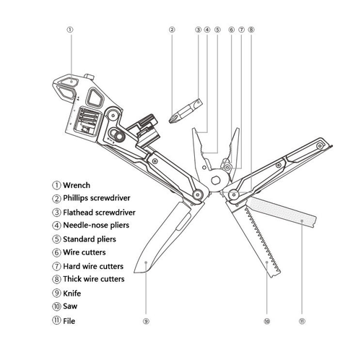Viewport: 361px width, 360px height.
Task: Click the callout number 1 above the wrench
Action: coord(69,30)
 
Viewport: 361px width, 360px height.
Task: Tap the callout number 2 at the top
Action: coord(172,30)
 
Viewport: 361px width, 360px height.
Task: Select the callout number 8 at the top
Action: coord(251,30)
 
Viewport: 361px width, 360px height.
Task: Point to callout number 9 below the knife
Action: coord(146,321)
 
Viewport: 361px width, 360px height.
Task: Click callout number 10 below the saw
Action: coord(267,321)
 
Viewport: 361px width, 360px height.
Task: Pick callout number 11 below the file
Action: coord(302,321)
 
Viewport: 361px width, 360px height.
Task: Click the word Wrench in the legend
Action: coord(77,185)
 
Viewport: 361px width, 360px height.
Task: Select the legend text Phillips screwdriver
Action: coord(97,198)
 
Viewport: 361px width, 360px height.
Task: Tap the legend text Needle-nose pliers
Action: coord(96,225)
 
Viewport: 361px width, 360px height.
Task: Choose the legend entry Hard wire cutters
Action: coord(93,266)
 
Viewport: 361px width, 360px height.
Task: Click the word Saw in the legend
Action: coord(70,307)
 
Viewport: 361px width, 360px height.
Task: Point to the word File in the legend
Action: coord(69,321)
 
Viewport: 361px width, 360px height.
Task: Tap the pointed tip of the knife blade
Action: coord(135,272)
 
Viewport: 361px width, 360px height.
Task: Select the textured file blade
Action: coord(283,212)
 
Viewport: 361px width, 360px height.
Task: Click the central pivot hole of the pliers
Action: coord(215,180)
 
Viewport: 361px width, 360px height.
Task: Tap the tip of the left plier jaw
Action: coord(193,129)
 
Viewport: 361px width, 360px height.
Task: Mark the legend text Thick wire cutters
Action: coord(94,279)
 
